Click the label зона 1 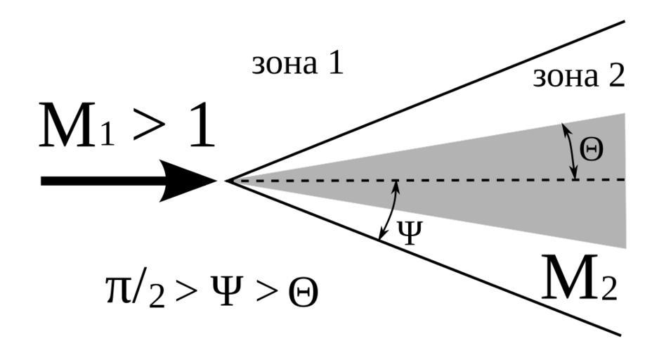pos(297,64)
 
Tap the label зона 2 pos(578,76)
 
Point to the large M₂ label pos(580,278)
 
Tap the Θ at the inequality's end pos(303,295)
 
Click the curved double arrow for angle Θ pos(571,150)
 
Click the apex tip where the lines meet pos(226,181)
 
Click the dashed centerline pos(492,180)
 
